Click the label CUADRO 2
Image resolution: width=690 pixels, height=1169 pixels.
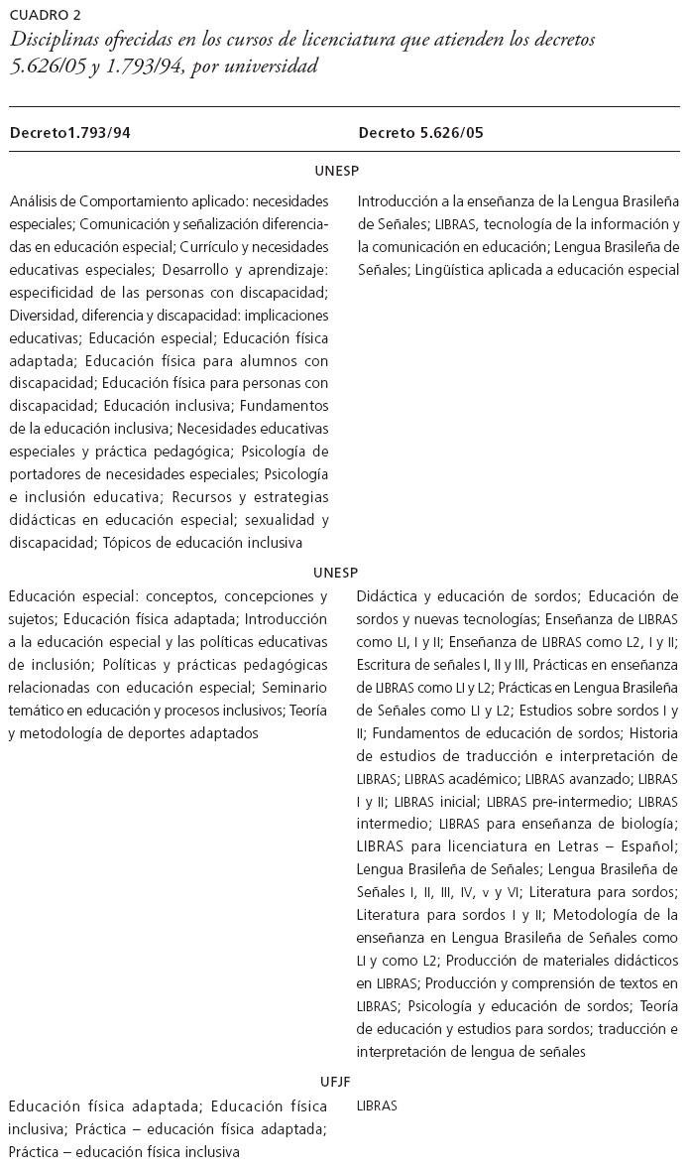click(x=46, y=15)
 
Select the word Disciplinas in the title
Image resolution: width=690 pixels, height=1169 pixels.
click(x=53, y=41)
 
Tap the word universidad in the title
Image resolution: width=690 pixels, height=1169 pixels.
click(x=279, y=66)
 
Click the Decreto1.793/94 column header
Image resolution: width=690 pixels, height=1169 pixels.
click(x=70, y=132)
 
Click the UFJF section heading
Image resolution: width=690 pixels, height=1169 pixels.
click(x=337, y=1082)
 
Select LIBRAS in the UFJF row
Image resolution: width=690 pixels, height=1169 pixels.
click(x=377, y=1105)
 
